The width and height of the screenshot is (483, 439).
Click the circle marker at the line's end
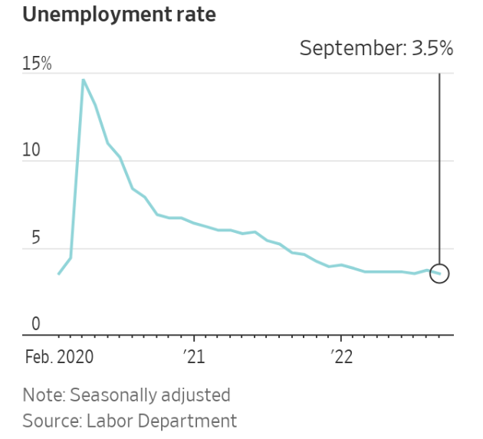point(439,274)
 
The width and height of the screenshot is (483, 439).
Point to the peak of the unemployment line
point(83,79)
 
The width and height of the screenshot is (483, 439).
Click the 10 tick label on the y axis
point(31,150)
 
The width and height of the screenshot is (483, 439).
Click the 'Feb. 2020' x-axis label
point(59,357)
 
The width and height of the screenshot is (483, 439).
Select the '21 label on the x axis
point(195,357)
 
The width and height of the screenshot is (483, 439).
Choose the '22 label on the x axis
point(340,357)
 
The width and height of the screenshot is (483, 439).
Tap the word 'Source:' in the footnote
point(51,421)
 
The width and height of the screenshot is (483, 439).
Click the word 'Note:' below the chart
point(44,395)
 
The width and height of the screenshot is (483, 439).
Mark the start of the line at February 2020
point(59,274)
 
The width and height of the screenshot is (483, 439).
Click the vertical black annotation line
point(439,169)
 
